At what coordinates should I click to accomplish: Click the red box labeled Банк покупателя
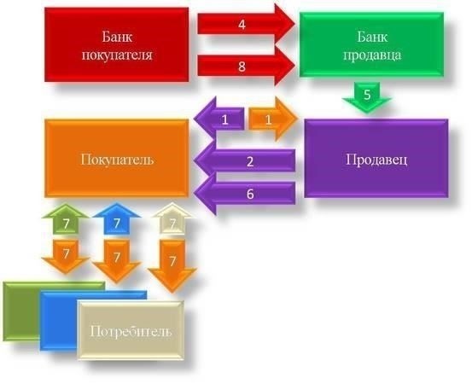point(117,44)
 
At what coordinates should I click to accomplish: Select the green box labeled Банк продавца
point(371,44)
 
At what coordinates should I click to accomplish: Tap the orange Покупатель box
point(117,159)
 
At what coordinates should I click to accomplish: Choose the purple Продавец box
point(376,159)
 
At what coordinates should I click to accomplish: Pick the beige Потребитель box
point(131,330)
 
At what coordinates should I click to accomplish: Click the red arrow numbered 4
point(246,25)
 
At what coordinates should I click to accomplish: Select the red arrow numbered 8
point(246,66)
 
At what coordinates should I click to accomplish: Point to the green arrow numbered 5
point(367,97)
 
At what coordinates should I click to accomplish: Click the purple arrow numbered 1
point(219,119)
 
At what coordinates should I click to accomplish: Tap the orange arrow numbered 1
point(273,119)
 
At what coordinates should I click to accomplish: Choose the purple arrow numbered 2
point(244,160)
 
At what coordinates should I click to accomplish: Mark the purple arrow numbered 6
point(244,193)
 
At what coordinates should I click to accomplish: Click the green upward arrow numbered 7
point(66,219)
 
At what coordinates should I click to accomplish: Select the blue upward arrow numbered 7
point(116,218)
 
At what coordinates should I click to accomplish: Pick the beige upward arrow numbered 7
point(172,219)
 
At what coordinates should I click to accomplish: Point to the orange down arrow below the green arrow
point(66,257)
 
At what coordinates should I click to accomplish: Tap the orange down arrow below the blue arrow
point(116,261)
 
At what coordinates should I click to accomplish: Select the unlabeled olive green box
point(21,311)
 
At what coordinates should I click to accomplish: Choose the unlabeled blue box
point(59,322)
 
